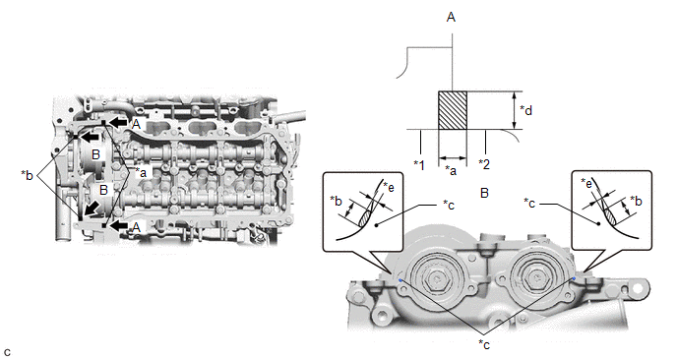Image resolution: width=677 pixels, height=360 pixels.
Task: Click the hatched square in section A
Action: (453, 110)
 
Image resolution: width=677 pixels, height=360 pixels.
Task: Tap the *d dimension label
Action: (525, 110)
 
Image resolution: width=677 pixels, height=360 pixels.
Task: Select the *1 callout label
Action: (419, 165)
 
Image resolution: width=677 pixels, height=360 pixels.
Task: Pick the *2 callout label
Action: (484, 164)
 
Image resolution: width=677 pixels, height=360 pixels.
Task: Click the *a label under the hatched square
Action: (451, 171)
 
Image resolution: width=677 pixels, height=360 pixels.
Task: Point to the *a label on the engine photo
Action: (141, 172)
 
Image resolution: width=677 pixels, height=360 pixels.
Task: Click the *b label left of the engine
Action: (27, 176)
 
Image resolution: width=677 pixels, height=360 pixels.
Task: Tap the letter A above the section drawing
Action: (452, 18)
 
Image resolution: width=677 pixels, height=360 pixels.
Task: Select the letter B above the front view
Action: (484, 193)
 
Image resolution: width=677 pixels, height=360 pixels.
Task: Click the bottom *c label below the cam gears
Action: (484, 344)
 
